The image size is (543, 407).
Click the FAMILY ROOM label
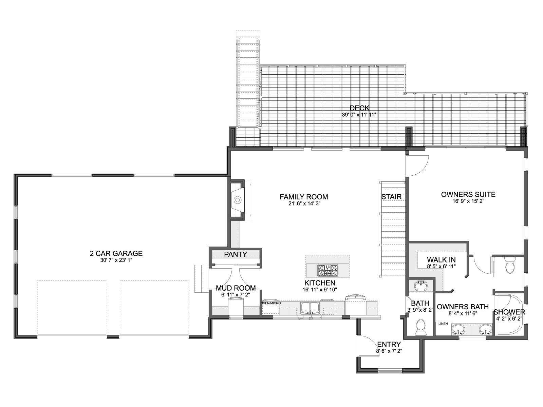(304, 197)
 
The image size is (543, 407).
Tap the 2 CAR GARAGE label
(116, 254)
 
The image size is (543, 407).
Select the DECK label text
(359, 108)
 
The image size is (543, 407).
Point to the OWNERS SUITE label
(468, 194)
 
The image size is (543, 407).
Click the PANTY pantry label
(235, 254)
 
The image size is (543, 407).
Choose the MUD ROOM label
(236, 288)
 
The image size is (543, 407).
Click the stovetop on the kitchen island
(328, 270)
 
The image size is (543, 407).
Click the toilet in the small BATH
(420, 327)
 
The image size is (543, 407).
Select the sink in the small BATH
(420, 286)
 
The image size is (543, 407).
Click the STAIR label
(391, 197)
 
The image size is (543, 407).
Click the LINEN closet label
(443, 324)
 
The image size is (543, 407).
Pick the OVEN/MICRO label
(270, 303)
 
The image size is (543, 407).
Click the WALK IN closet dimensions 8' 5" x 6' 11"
(441, 267)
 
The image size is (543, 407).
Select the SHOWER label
(509, 312)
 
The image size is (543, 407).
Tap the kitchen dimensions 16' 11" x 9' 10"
(320, 290)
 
